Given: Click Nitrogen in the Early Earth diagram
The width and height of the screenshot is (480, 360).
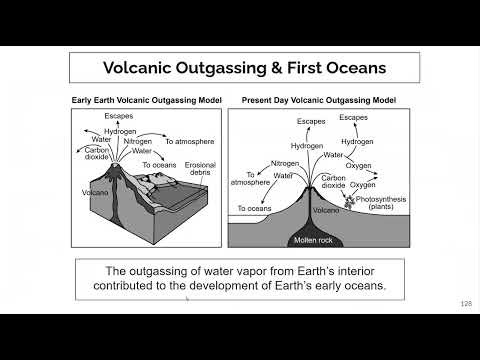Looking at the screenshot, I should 137,141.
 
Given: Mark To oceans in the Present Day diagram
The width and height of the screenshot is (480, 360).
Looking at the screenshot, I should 254,208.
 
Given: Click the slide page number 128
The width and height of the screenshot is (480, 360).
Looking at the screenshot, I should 465,304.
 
